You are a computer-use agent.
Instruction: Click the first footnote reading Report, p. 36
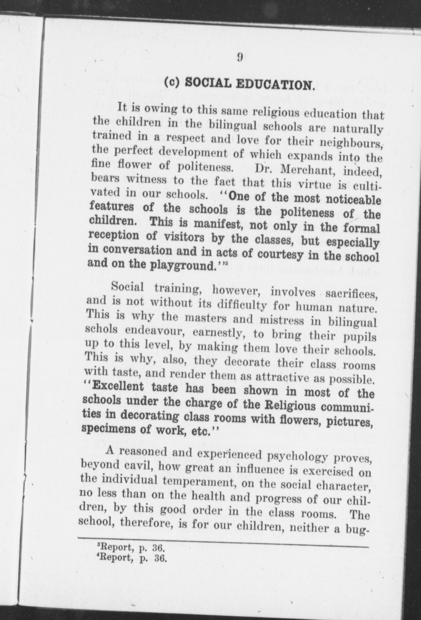[x=130, y=547]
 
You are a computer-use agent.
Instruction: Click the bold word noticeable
[x=349, y=199]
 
